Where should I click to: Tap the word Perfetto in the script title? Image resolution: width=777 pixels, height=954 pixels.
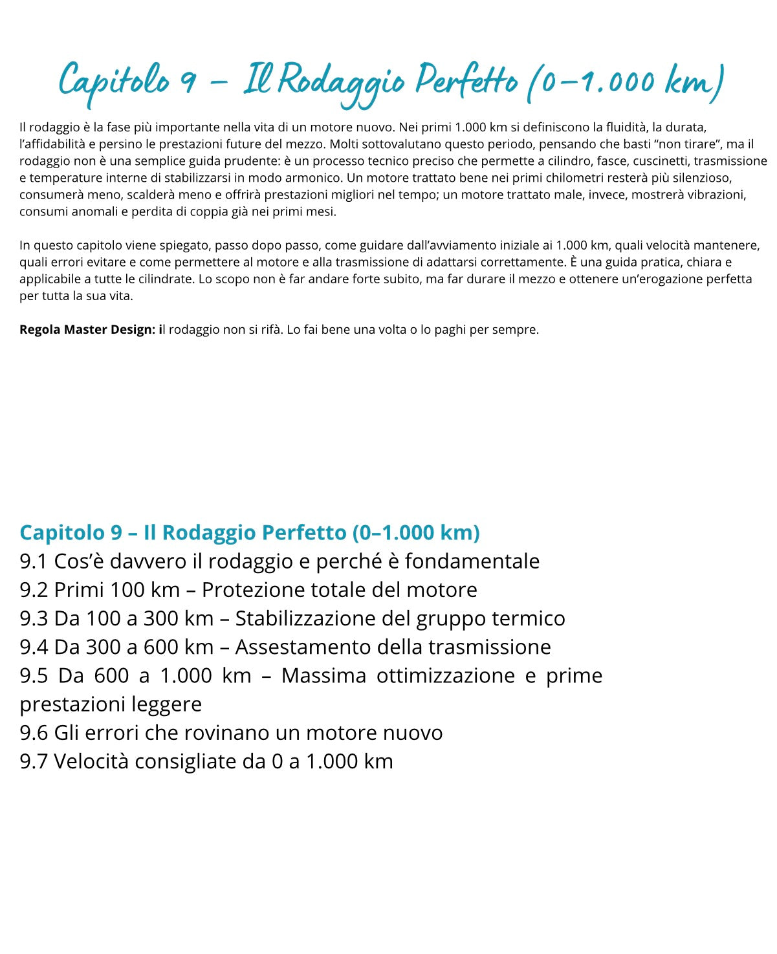(x=466, y=81)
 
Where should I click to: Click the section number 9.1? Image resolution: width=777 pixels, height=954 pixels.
(x=34, y=561)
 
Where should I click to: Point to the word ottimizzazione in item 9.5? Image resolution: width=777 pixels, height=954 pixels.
(x=445, y=675)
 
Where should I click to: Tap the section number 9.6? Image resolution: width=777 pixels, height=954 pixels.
(x=34, y=733)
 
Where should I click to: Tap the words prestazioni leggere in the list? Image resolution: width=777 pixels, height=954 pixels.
(x=111, y=704)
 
